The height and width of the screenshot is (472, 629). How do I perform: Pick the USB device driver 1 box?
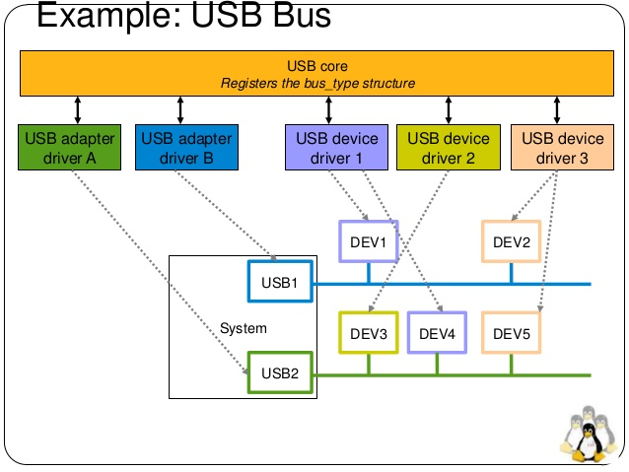(x=331, y=146)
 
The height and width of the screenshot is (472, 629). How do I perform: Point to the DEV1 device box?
(x=368, y=241)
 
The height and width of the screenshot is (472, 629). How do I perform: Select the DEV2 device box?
(x=512, y=241)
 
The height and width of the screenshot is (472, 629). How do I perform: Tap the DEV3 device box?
(x=368, y=334)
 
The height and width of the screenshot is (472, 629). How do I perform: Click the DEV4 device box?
(x=437, y=334)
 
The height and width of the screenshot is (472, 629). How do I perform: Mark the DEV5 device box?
(x=512, y=334)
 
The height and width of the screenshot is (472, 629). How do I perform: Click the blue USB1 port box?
(x=279, y=282)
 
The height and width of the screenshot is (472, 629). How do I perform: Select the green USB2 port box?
(x=279, y=373)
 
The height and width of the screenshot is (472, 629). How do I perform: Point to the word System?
(x=243, y=328)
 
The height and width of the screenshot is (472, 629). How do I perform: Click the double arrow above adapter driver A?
(x=77, y=108)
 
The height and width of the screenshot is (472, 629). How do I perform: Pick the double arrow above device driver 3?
(x=558, y=108)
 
